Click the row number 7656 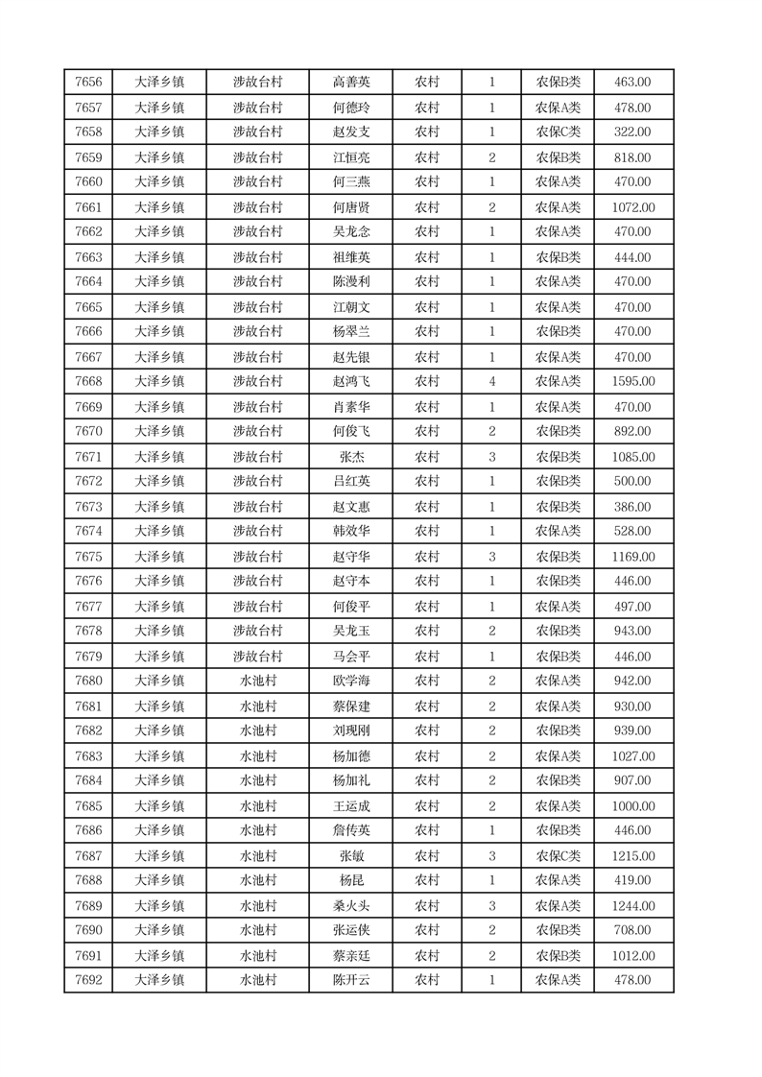coord(88,83)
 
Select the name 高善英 coord(350,83)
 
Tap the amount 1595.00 coord(632,382)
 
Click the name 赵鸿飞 coord(350,382)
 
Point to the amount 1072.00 coord(632,207)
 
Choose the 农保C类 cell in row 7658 coord(558,132)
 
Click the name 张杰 coord(350,457)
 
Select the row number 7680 coord(88,682)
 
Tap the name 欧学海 coord(350,682)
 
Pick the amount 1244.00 coord(632,906)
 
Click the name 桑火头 coord(350,906)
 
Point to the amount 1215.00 coord(632,856)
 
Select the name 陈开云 coord(350,981)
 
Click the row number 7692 coord(88,981)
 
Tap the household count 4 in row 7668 coord(492,382)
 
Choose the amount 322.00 coord(632,132)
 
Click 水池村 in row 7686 coord(258,831)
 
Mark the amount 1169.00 coord(632,557)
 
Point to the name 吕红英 coord(350,482)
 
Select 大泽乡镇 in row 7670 coord(159,432)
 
